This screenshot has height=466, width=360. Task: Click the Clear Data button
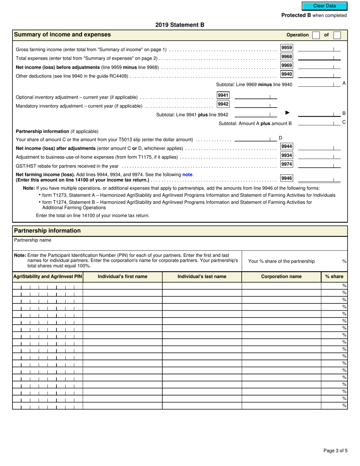[x=324, y=6]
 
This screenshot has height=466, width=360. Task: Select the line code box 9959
[x=286, y=48]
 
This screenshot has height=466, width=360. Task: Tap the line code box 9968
[x=286, y=56]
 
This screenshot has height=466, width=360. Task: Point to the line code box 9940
[x=286, y=74]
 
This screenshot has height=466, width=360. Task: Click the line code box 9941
[x=223, y=95]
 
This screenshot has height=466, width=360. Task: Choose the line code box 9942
[x=223, y=104]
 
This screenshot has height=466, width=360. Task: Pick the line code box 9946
[x=286, y=178]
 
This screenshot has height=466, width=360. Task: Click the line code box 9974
[x=286, y=164]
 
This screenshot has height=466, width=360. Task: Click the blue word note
[x=188, y=175]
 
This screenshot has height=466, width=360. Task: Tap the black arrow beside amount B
[x=287, y=113]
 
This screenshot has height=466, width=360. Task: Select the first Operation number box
[x=316, y=35]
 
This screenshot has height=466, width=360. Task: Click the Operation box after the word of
[x=337, y=35]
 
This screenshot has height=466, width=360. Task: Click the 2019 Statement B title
[x=180, y=25]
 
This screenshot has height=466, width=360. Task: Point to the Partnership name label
[x=33, y=240]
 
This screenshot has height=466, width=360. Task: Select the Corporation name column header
[x=281, y=277]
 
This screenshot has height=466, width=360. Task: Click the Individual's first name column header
[x=122, y=277]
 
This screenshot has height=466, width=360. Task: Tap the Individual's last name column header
[x=202, y=277]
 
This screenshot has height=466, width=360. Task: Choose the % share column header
[x=334, y=277]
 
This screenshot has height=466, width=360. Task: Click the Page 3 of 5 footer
[x=335, y=450]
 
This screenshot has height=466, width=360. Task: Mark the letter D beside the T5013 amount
[x=280, y=138]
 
